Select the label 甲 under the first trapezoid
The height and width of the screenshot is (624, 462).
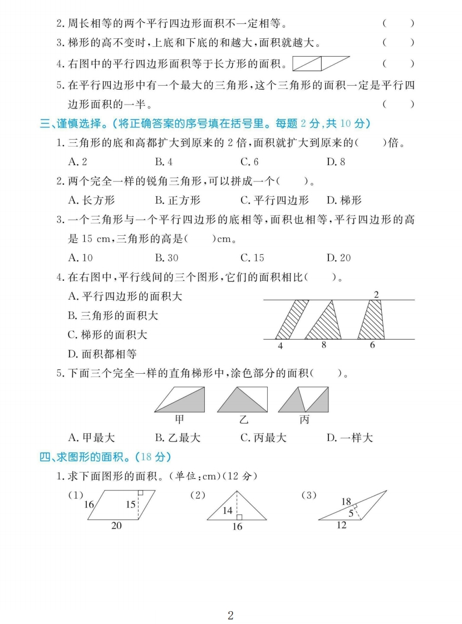[180, 419]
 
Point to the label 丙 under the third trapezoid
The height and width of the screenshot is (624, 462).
[304, 419]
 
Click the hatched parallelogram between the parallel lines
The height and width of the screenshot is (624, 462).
[292, 319]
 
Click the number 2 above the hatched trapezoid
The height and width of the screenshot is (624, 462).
[376, 295]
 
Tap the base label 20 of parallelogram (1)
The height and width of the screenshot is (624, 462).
[116, 525]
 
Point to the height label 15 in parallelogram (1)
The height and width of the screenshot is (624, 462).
[130, 505]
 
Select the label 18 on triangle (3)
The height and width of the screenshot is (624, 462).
[346, 501]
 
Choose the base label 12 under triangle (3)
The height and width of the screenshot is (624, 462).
[341, 524]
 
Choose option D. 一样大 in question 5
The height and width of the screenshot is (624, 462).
[349, 438]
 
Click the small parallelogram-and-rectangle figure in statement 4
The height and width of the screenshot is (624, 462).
[321, 63]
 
